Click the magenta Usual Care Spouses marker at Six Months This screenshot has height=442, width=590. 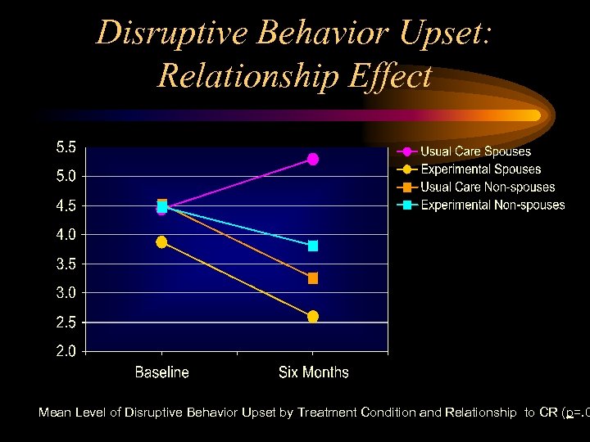tap(313, 159)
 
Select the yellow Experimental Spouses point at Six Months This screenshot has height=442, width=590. tap(313, 317)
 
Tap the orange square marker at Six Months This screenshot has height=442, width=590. tap(313, 278)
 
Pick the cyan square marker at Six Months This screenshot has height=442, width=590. tap(313, 246)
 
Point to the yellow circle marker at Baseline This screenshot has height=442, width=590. tap(161, 241)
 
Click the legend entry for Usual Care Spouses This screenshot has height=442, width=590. tap(475, 151)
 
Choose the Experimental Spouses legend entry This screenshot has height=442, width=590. tap(480, 169)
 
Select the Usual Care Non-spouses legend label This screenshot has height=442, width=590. tap(488, 187)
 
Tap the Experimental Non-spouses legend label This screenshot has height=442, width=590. tap(492, 205)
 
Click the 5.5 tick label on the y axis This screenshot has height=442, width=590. tap(66, 148)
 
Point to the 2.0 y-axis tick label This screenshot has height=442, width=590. tap(66, 352)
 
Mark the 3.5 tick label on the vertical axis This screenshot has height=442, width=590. tap(66, 264)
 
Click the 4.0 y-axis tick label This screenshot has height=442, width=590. tap(66, 235)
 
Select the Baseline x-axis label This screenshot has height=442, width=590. tap(161, 372)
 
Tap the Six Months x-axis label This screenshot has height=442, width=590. tap(313, 372)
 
